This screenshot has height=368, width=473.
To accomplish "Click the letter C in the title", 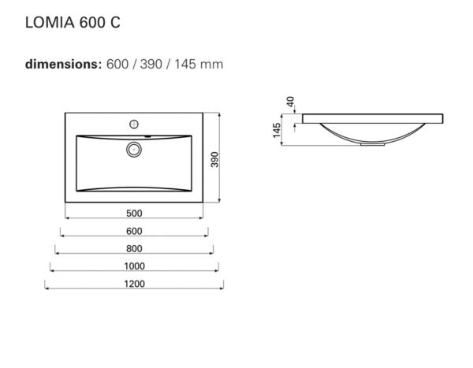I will point(114,22).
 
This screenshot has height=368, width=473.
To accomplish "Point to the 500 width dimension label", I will point(134,213).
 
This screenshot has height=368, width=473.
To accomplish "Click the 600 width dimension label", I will point(134,231).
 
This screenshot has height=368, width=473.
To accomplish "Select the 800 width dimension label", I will point(134,249).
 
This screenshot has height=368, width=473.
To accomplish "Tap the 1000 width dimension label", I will point(134,266).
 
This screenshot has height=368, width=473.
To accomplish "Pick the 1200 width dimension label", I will point(134,284).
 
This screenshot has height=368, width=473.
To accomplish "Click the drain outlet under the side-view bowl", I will point(371,145).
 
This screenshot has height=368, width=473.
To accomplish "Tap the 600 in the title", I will point(92,22).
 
